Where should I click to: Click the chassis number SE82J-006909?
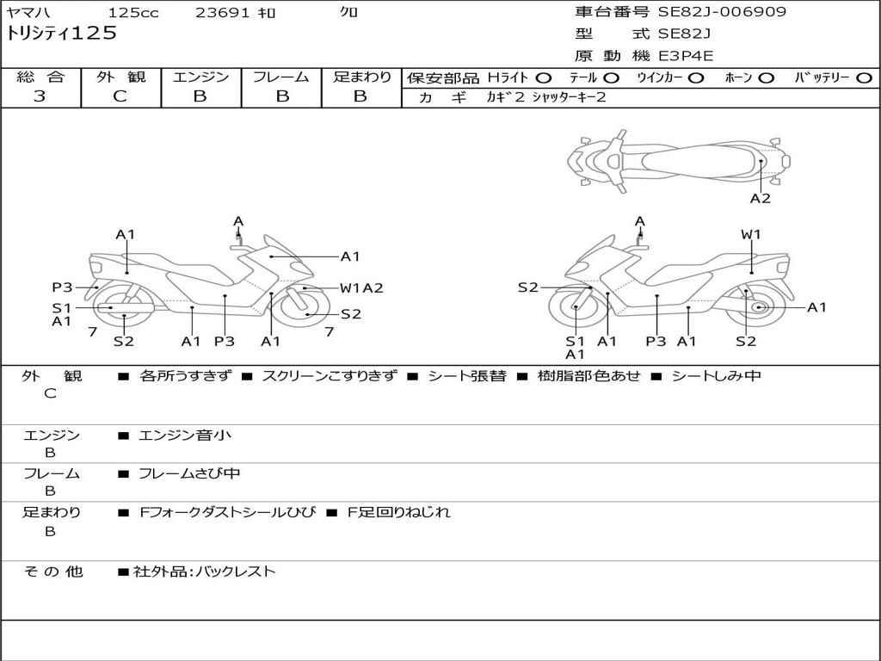click(x=722, y=12)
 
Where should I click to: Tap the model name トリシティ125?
click(x=61, y=34)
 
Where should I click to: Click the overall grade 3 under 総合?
click(x=40, y=96)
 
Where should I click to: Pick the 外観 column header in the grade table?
click(x=120, y=77)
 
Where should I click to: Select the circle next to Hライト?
click(x=544, y=78)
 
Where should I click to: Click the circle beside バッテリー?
click(x=864, y=78)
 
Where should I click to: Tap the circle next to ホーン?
click(x=767, y=78)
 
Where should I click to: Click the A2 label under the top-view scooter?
click(x=761, y=199)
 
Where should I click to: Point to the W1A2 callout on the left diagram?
click(x=362, y=288)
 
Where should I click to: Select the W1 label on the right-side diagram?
click(x=750, y=234)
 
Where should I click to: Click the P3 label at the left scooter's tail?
click(x=62, y=287)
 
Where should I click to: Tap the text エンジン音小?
click(x=185, y=435)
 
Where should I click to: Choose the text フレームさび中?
click(x=189, y=473)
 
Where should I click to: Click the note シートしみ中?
click(x=717, y=375)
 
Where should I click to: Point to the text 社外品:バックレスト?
click(x=205, y=571)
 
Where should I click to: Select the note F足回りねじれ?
click(x=399, y=512)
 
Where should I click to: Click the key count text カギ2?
click(x=505, y=97)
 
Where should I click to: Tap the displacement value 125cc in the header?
click(x=133, y=12)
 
